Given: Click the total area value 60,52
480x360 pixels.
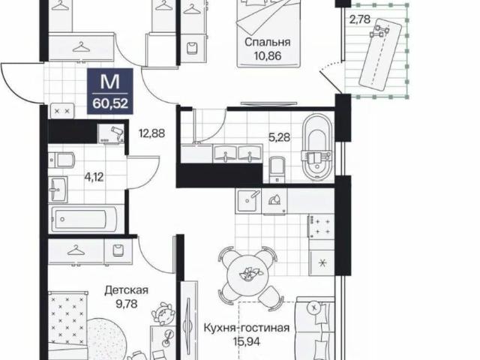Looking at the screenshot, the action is coord(110,103).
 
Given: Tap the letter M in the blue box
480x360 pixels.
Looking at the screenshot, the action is coord(110,82).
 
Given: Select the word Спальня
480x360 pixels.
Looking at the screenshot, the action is coord(268,42).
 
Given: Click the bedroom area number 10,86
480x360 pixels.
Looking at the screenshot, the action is coord(268,56).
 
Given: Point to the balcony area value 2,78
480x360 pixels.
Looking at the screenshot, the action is coord(360,19).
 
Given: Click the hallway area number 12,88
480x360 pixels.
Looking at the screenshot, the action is coord(151,133).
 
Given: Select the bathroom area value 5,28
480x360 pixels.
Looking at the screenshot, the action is coord(279,137).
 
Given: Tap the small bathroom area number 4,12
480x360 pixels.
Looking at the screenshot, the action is coord(94,177).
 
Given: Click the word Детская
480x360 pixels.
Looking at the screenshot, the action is coord(127,290).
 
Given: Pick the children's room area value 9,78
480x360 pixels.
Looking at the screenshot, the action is coord(127,304).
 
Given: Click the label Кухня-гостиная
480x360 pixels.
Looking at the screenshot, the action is coord(247,328).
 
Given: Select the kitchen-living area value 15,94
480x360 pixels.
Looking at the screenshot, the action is coord(247,341).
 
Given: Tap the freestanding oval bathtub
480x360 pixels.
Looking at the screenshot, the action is coord(316,148).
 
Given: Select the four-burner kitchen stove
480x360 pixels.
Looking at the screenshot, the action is coord(321,226).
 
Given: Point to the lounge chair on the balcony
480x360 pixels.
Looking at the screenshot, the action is coord(380,55).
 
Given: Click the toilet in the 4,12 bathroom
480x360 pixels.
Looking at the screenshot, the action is coord(62,160).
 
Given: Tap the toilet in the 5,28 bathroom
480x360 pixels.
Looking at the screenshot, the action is coord(277,169).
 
